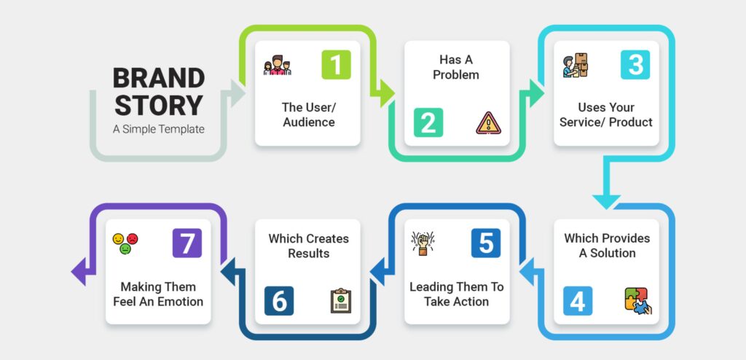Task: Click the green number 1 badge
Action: coord(337,65)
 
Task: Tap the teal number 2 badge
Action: coord(428,122)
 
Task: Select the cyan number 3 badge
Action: coord(635,65)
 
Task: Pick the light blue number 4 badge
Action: coord(578,301)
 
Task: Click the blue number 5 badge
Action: coord(486,243)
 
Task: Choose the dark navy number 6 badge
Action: coord(279,301)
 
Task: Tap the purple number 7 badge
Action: coord(187,243)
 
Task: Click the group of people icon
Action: coord(277,66)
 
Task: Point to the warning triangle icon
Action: coord(489,123)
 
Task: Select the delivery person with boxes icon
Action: coord(575,65)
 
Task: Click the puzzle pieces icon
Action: coord(638,301)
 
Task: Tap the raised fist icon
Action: coord(423,243)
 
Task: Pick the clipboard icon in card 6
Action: coord(341,300)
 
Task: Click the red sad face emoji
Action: coord(133,238)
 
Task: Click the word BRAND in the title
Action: coord(159,78)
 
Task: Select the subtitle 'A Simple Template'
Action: coord(158,129)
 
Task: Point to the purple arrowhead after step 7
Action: coord(78,271)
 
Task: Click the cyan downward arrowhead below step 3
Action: coord(606,201)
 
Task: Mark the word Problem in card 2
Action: coord(456,75)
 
